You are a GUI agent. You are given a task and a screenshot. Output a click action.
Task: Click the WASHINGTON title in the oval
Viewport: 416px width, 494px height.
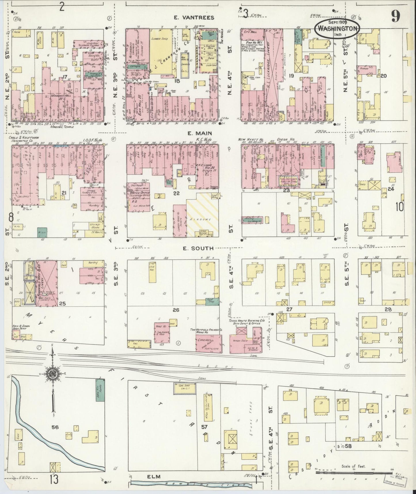click(338, 28)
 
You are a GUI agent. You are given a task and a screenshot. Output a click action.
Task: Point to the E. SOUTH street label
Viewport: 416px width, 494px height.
click(198, 248)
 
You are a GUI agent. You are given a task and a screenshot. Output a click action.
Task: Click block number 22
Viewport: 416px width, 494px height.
click(176, 193)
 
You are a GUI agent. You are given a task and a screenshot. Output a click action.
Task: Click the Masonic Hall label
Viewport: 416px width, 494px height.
click(59, 95)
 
